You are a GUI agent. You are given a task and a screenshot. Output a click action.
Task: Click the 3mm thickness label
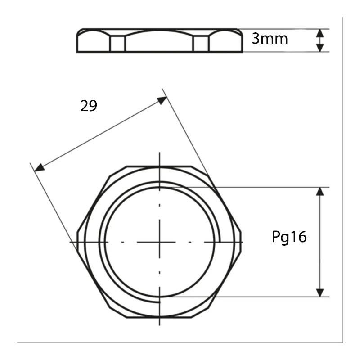(x=270, y=39)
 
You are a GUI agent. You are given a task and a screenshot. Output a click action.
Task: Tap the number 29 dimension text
(x=89, y=106)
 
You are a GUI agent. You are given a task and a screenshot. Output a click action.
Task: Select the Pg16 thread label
(x=289, y=237)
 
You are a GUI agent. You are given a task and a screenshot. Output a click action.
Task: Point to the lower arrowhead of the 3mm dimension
(x=320, y=48)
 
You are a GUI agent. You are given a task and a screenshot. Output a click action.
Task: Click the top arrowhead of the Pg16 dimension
(x=320, y=192)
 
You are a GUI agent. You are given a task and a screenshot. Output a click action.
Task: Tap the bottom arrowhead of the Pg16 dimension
(x=320, y=292)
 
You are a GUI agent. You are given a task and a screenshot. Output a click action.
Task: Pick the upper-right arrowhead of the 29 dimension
(x=162, y=100)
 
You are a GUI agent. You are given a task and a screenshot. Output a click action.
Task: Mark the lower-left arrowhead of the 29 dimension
(x=39, y=167)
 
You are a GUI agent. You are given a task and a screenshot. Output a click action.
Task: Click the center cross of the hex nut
(x=160, y=242)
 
